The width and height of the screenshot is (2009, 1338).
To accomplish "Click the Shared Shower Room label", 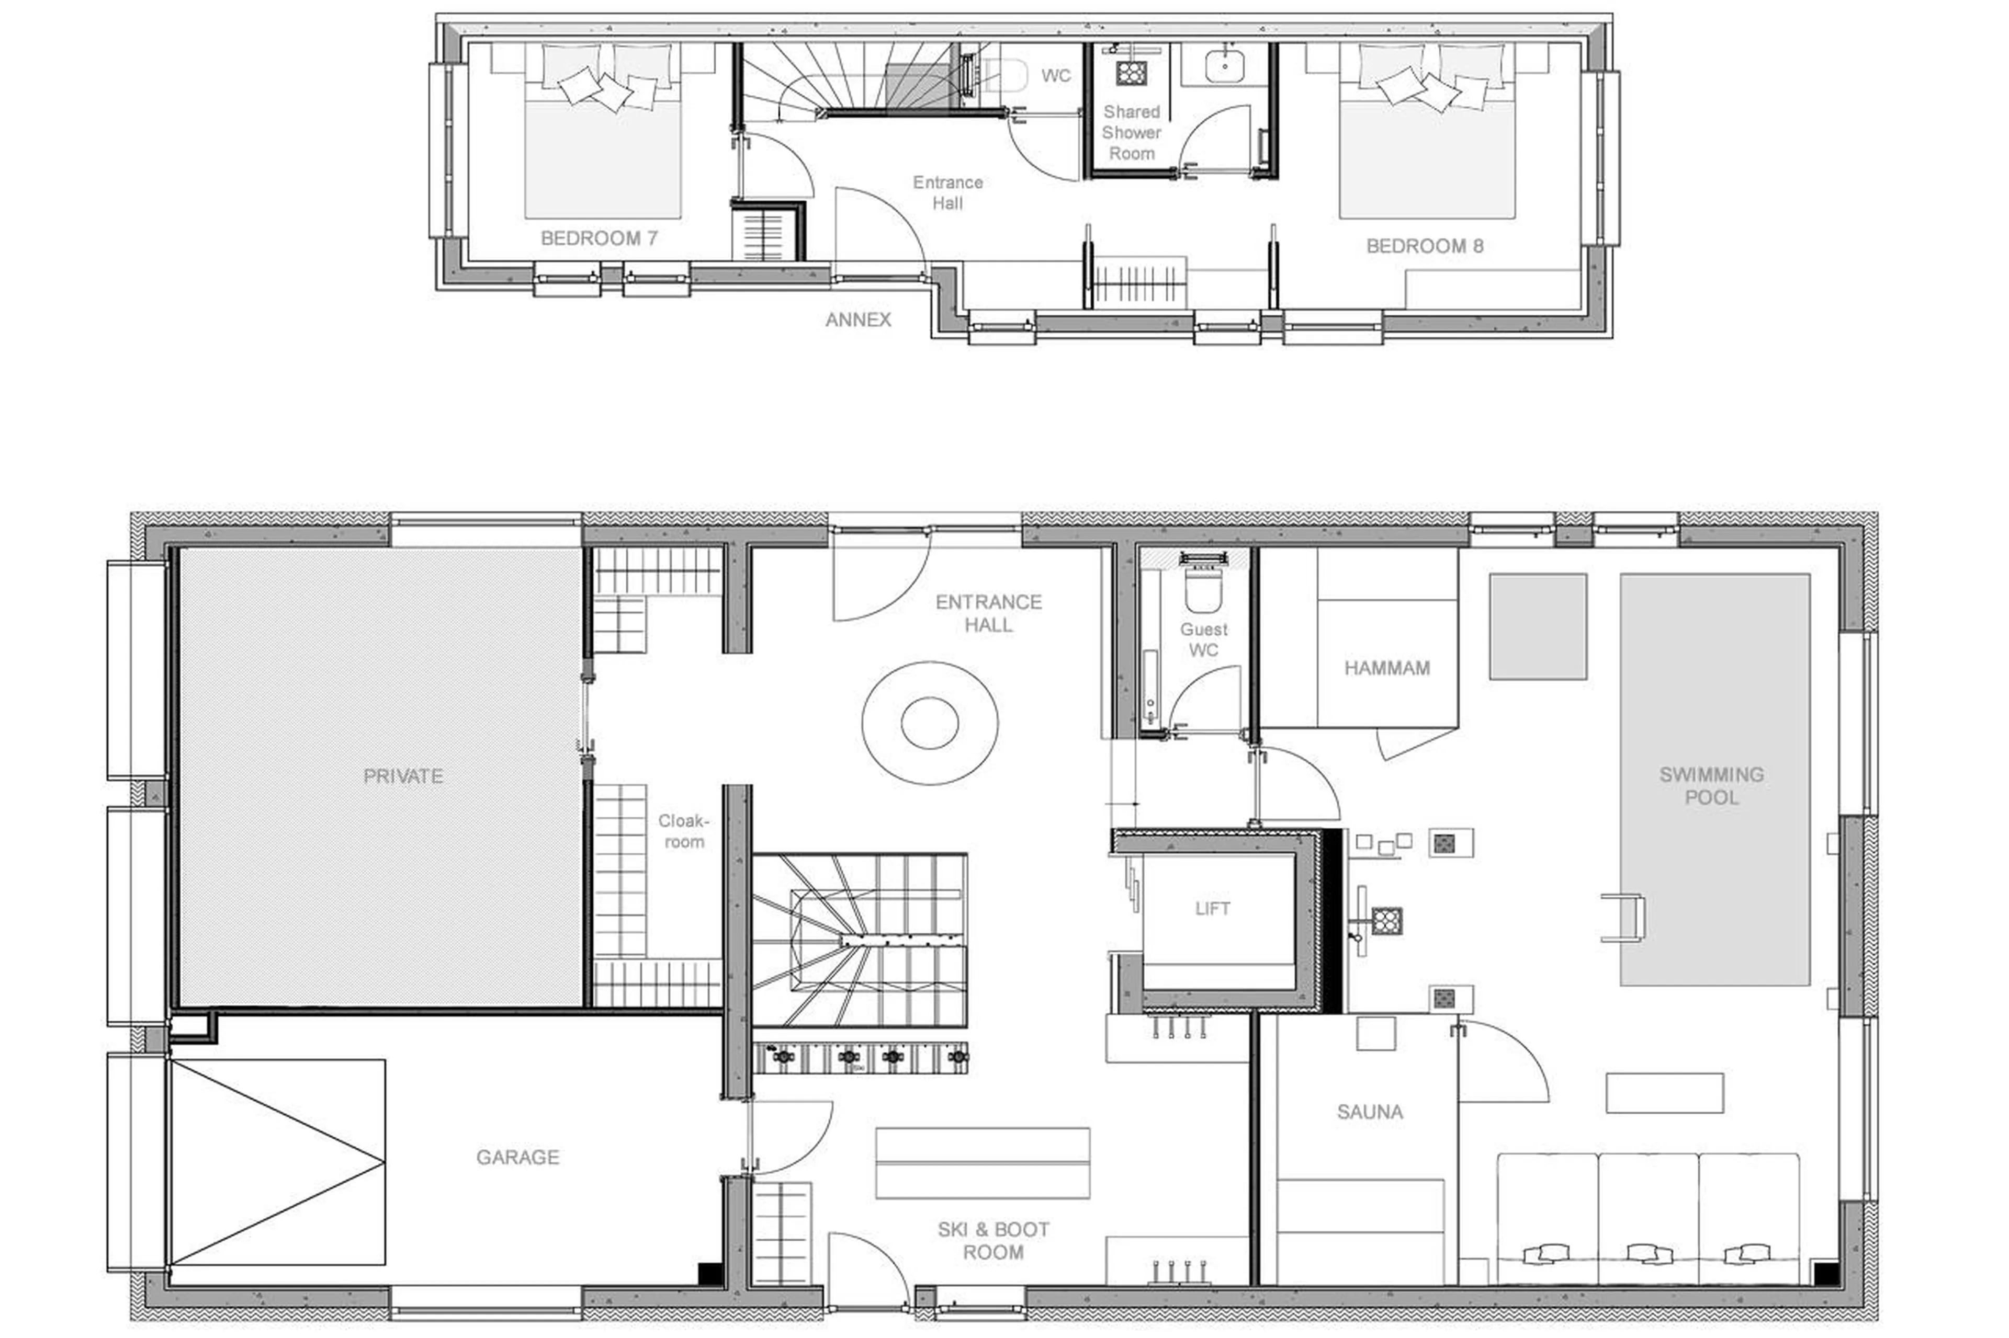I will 1131,132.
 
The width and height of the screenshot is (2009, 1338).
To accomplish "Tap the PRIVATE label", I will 403,776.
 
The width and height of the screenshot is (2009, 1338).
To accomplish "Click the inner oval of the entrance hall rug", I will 929,722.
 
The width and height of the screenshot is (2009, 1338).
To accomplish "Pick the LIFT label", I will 1212,909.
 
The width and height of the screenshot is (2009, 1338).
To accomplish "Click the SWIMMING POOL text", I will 1710,785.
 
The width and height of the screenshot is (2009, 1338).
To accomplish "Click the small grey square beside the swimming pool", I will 1537,625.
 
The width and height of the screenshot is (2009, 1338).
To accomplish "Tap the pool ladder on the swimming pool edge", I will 1622,917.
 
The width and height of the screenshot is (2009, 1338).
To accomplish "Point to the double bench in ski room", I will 982,1162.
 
